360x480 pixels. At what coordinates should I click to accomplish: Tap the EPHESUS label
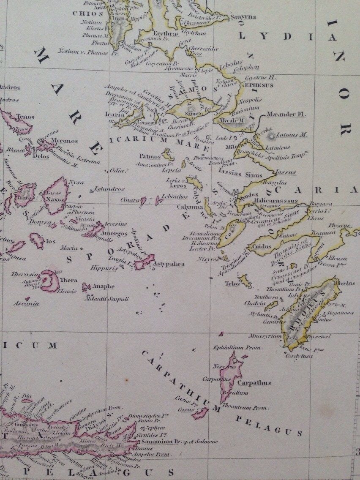259,85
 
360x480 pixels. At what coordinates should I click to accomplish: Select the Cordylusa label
298,356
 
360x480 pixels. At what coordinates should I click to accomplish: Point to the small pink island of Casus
199,413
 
